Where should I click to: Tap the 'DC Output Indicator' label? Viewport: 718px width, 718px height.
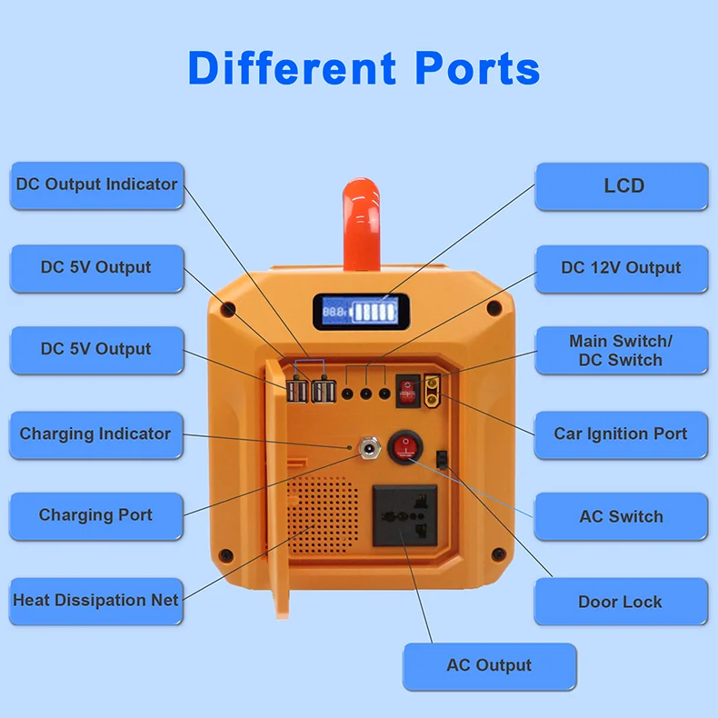click(x=96, y=184)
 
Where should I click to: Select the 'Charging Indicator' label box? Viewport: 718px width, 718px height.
click(x=95, y=434)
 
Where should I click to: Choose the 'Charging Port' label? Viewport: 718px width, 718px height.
click(x=95, y=515)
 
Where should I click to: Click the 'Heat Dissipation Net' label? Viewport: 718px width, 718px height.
click(x=95, y=601)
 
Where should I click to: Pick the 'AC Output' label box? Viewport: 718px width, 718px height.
click(x=489, y=666)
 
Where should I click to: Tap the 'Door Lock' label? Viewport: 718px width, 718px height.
click(x=620, y=602)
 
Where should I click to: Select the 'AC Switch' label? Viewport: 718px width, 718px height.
click(x=621, y=517)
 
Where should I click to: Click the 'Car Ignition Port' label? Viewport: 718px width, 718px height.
click(x=621, y=434)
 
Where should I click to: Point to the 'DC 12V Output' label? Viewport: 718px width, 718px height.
click(x=621, y=268)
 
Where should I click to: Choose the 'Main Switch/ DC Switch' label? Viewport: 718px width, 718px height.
click(x=621, y=351)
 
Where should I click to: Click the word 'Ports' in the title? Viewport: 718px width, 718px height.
click(x=477, y=68)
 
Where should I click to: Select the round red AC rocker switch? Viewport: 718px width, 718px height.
click(x=405, y=446)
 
